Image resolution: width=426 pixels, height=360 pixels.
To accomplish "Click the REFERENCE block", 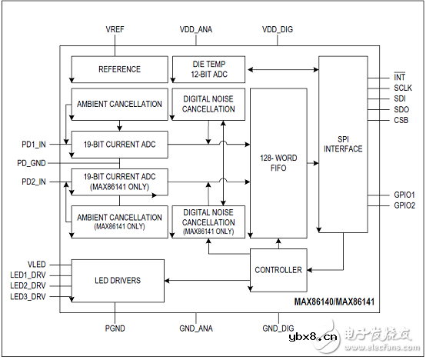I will coord(119,69).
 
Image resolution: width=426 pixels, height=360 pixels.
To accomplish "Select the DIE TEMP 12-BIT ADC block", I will coord(208,68).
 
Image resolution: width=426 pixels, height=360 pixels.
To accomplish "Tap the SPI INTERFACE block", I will coord(343,143).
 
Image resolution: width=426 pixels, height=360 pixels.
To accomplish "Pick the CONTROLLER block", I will coord(278,270).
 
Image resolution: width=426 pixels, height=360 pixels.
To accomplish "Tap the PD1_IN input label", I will coord(34,143).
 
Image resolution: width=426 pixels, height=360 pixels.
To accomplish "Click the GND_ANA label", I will coord(196,328).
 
